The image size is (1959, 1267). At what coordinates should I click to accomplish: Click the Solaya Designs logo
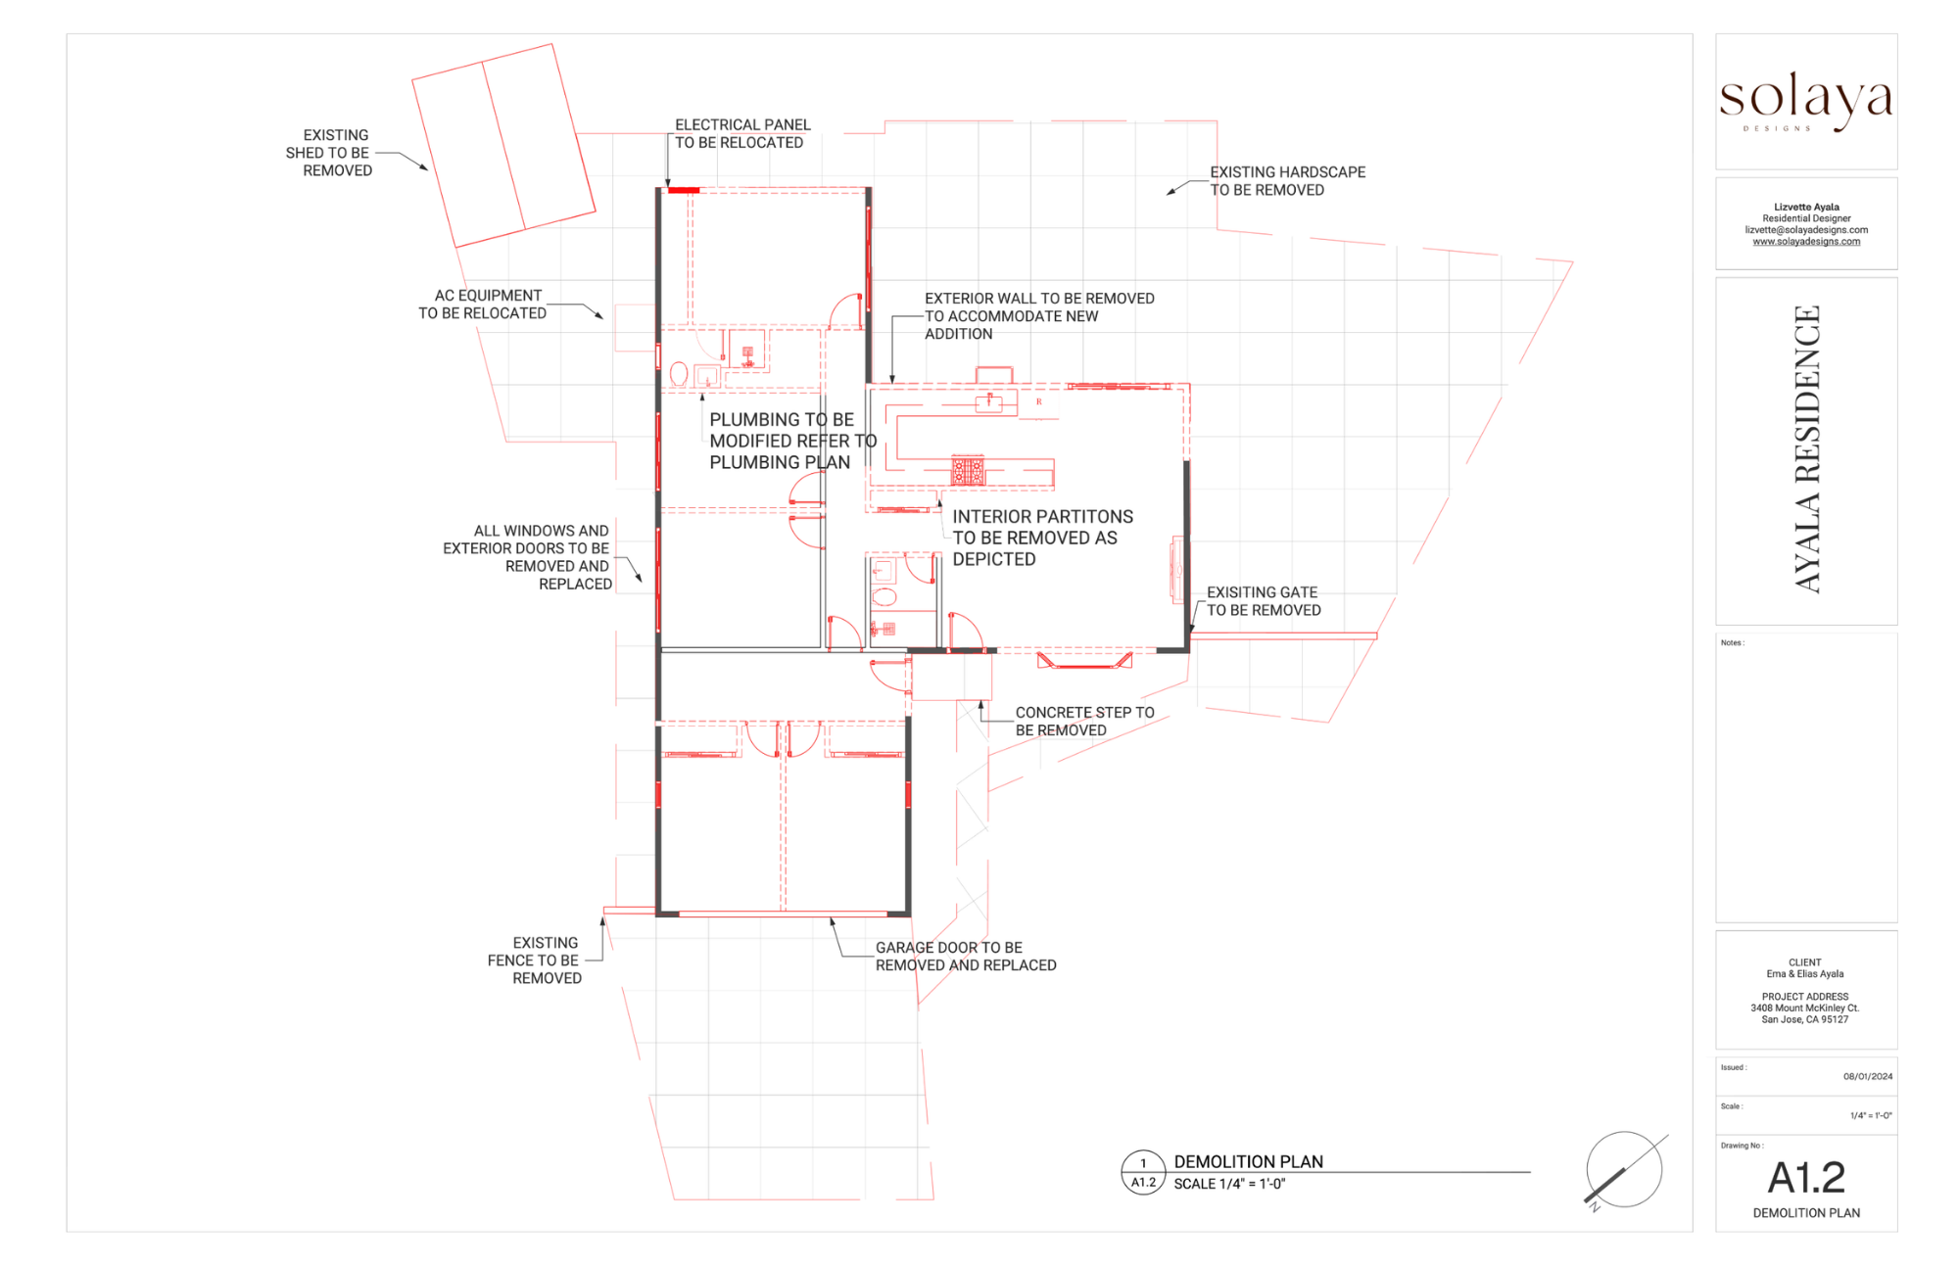[x=1805, y=101]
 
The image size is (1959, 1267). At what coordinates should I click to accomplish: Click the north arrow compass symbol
[x=1625, y=1171]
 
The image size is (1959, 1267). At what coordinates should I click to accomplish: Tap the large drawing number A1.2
[x=1806, y=1178]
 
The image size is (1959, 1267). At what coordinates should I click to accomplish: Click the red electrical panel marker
[x=684, y=190]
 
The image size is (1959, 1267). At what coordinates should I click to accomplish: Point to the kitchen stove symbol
[x=968, y=471]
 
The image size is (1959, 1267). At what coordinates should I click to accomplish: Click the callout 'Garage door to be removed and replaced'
[x=966, y=957]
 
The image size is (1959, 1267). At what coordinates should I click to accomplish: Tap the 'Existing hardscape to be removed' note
[x=1287, y=181]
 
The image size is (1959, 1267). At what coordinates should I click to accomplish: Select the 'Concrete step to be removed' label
[x=1084, y=722]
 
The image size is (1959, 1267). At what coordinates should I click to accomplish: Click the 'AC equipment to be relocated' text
[x=483, y=305]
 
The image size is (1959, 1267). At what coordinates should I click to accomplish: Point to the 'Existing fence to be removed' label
[x=535, y=961]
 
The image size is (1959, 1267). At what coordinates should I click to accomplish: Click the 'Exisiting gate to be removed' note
[x=1264, y=601]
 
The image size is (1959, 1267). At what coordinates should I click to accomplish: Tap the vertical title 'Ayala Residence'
[x=1807, y=449]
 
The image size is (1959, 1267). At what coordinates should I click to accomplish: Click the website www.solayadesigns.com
[x=1806, y=242]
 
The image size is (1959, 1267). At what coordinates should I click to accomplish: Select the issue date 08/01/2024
[x=1868, y=1077]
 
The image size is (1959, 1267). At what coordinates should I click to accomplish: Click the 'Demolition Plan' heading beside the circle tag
[x=1248, y=1162]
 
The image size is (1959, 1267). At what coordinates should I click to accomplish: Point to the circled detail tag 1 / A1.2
[x=1143, y=1173]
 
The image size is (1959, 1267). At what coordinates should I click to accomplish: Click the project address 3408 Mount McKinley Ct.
[x=1805, y=1009]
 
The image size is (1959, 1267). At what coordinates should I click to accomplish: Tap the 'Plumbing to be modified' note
[x=793, y=441]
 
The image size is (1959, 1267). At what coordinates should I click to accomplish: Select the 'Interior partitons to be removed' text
[x=1042, y=538]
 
